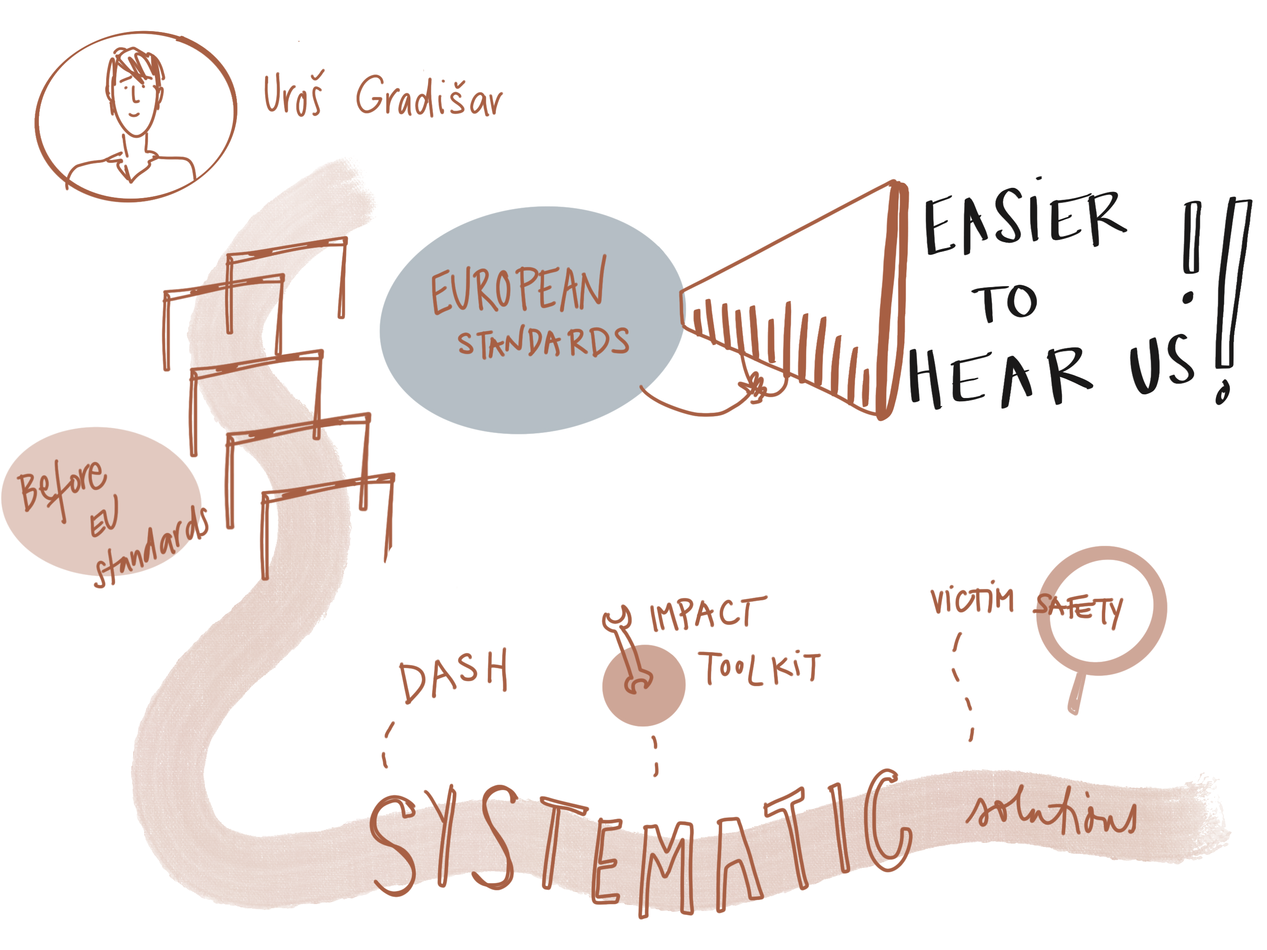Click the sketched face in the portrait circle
[134, 95]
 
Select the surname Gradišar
[429, 96]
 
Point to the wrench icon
[627, 650]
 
